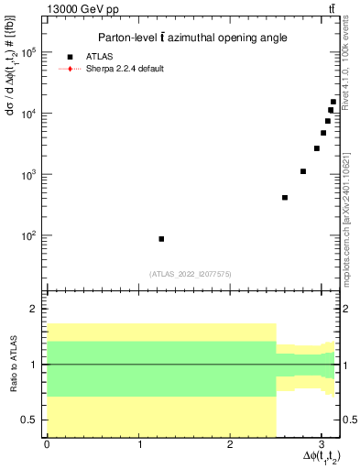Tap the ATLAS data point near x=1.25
[161, 239]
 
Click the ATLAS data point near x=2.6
[285, 198]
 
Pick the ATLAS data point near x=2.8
[303, 171]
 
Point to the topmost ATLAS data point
[333, 103]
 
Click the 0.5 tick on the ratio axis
[27, 420]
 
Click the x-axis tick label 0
[47, 444]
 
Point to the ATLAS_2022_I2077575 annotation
[191, 273]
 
